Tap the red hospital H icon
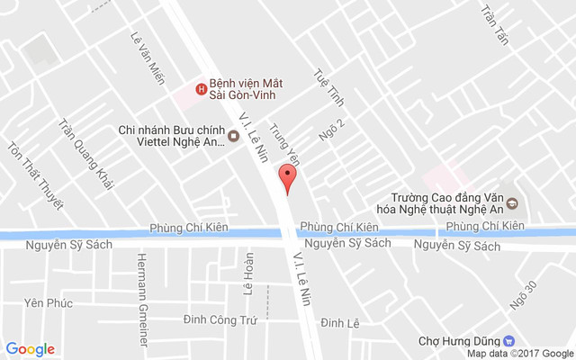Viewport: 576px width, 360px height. point(201,87)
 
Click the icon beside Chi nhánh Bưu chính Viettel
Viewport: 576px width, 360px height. point(234,136)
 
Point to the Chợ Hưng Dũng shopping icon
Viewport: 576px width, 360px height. point(508,341)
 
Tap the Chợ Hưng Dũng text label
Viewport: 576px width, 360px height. point(460,341)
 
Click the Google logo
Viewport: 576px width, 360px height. point(30,349)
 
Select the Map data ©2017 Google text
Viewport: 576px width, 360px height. point(519,354)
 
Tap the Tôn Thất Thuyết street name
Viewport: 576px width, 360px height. point(36,175)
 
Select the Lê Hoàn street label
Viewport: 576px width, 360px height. point(249,279)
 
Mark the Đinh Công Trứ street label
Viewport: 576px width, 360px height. point(220,320)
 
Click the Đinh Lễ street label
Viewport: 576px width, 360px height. point(340,322)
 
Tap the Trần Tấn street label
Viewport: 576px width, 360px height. point(495,26)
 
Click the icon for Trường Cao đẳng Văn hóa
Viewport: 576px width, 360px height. point(511,201)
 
